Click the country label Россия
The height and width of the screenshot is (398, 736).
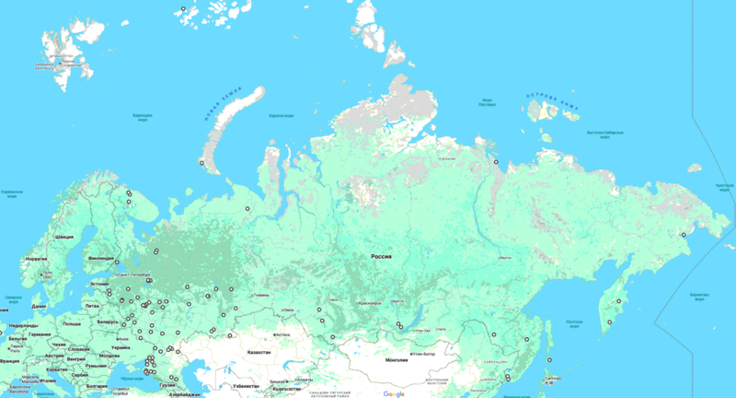point(381,256)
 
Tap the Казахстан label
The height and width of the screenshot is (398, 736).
point(259,353)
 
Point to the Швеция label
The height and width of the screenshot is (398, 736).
point(64,237)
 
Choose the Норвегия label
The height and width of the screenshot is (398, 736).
point(36,260)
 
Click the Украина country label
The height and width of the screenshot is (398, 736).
point(121,348)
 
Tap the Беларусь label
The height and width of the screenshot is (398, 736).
point(108,322)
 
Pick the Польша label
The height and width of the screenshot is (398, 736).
point(72,324)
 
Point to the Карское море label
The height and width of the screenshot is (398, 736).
point(281,116)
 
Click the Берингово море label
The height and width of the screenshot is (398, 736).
point(696,297)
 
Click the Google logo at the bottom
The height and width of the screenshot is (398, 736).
point(394,393)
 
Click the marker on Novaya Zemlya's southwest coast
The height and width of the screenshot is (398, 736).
point(202,163)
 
